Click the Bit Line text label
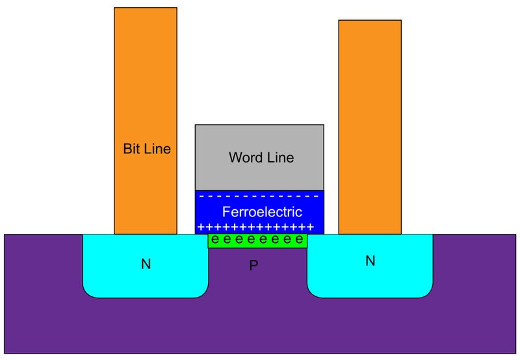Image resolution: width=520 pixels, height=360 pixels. (x=146, y=149)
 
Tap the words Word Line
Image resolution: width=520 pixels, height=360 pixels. (x=261, y=157)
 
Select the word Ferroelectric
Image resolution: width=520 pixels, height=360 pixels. (x=262, y=212)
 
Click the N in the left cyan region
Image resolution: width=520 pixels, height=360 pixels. (x=145, y=264)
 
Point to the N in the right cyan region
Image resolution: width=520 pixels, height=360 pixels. (x=370, y=261)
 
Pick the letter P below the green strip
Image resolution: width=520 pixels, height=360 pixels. (x=254, y=267)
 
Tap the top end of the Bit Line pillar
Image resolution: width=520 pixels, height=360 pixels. (x=146, y=9)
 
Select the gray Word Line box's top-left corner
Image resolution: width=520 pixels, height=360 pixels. (x=196, y=125)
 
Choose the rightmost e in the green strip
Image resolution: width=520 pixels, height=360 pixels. (x=298, y=240)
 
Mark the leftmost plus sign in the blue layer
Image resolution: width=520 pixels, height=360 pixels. (x=200, y=227)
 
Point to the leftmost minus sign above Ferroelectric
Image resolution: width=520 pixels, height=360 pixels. (x=201, y=196)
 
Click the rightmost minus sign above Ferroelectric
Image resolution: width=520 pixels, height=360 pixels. (x=317, y=196)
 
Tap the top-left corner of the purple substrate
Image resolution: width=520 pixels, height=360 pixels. (x=5, y=235)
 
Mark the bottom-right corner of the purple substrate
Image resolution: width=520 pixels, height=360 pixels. (x=518, y=353)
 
